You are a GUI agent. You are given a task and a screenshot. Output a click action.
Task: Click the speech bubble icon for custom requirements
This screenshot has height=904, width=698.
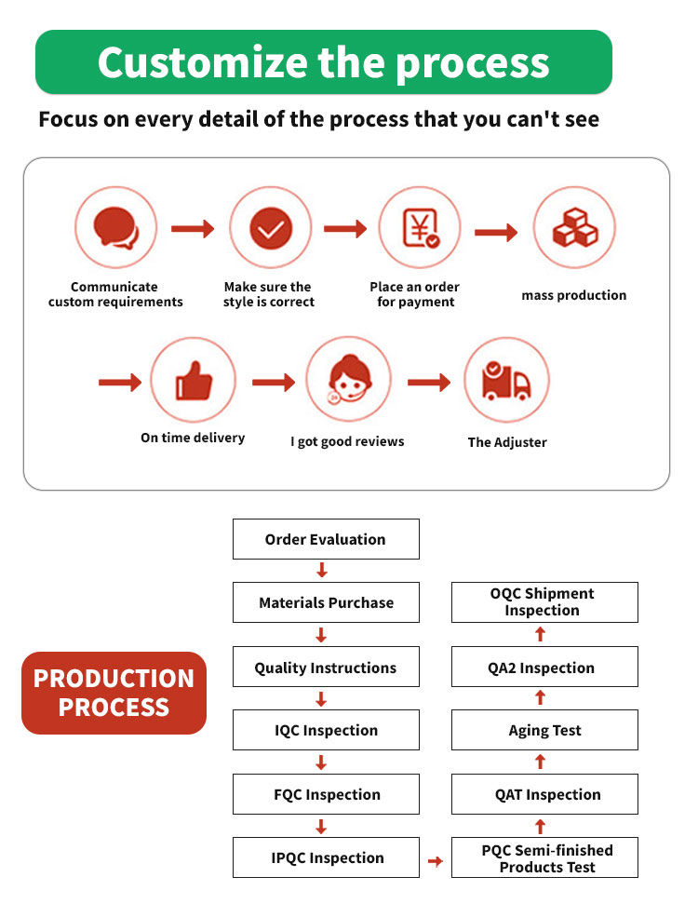115,228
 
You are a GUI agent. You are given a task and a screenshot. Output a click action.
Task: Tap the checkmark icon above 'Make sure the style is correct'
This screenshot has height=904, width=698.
271,228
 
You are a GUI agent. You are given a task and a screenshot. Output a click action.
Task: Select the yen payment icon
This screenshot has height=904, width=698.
420,228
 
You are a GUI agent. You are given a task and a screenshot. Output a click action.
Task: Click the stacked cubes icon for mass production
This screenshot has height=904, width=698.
574,228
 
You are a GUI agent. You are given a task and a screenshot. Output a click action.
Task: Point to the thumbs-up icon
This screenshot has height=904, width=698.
194,381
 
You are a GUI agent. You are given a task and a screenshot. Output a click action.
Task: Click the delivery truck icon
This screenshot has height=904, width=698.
506,381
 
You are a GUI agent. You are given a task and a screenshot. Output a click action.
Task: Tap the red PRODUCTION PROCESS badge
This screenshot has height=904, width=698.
114,693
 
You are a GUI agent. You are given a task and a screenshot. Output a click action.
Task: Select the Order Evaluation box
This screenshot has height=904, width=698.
326,539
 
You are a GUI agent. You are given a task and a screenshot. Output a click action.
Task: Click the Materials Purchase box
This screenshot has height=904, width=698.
326,602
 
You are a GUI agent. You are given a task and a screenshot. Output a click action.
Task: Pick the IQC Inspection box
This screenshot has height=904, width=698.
326,730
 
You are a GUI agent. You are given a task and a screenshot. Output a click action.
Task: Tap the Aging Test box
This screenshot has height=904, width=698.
544,730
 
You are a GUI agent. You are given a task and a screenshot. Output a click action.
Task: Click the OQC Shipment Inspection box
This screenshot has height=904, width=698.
544,602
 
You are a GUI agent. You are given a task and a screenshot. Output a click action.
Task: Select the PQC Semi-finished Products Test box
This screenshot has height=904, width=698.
544,857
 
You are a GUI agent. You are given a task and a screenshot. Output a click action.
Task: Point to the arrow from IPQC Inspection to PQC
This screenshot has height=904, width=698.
436,861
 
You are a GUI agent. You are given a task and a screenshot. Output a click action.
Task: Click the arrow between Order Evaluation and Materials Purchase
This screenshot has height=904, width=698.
322,570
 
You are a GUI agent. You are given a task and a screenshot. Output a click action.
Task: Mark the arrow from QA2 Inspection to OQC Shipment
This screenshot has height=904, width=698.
540,634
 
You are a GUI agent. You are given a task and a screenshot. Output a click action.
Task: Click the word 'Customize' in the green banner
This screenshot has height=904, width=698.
203,62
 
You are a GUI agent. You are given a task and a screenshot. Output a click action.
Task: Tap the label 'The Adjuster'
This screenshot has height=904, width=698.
507,442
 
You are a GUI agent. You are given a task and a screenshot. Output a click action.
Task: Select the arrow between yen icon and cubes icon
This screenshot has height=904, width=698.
496,233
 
